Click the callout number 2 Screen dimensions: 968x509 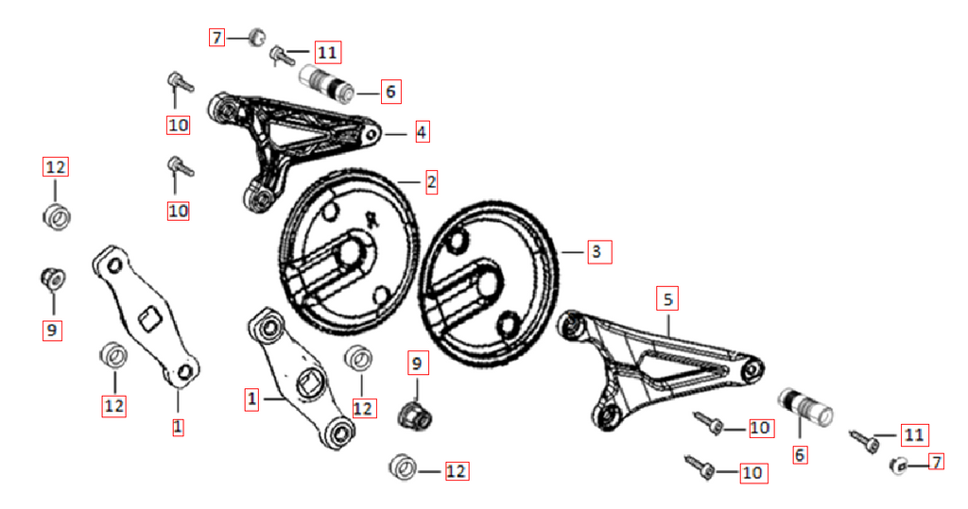(x=431, y=182)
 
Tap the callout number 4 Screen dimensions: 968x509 (x=422, y=131)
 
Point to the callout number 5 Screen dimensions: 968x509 (x=667, y=299)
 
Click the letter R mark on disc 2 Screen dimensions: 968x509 (x=371, y=219)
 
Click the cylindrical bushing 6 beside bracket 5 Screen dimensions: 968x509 (x=804, y=407)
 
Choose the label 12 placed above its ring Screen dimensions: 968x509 (x=55, y=167)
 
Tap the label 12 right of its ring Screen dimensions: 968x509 (x=456, y=471)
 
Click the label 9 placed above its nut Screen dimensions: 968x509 (x=417, y=363)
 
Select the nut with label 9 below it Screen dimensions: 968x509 (x=53, y=280)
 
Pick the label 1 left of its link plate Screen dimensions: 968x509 (x=251, y=399)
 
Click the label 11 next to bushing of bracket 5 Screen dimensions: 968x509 (x=914, y=435)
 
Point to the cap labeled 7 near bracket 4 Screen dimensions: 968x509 (x=255, y=37)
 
